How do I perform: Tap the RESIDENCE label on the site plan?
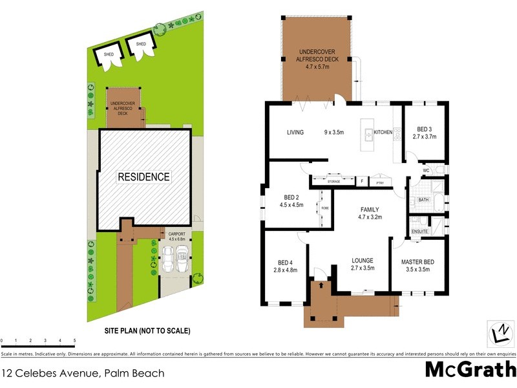[143, 177]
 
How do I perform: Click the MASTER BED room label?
[418, 261]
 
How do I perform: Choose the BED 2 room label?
[291, 197]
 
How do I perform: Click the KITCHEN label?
[383, 133]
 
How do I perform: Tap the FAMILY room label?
[370, 210]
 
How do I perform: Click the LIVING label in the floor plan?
[295, 133]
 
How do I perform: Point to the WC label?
[427, 171]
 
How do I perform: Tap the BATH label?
[424, 200]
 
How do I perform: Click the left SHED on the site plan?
[109, 55]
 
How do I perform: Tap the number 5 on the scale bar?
[74, 340]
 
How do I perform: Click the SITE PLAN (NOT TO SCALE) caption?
[147, 330]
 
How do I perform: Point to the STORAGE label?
[333, 182]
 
